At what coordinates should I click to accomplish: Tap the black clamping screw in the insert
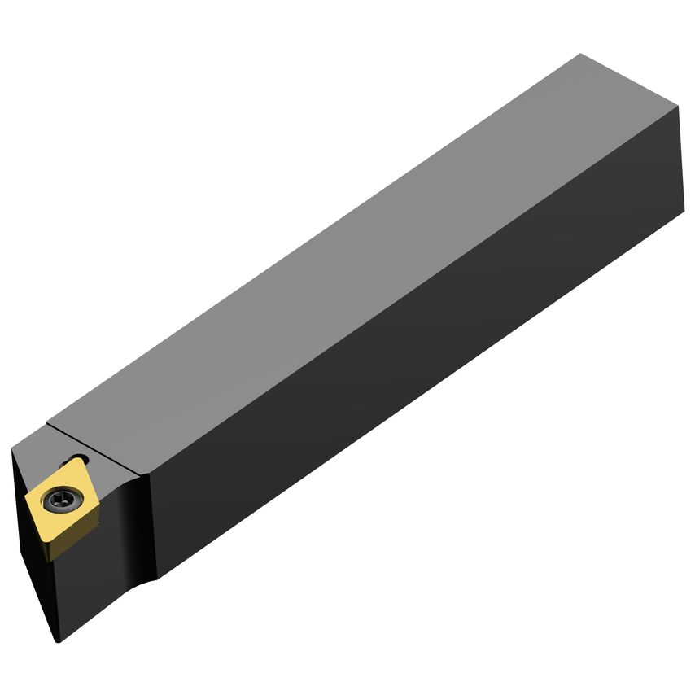coord(63,497)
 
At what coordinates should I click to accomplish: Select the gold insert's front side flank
coord(49,538)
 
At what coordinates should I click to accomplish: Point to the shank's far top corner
coord(580,55)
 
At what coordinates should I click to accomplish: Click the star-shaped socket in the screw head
coord(63,497)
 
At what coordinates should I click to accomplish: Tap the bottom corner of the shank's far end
coord(682,218)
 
